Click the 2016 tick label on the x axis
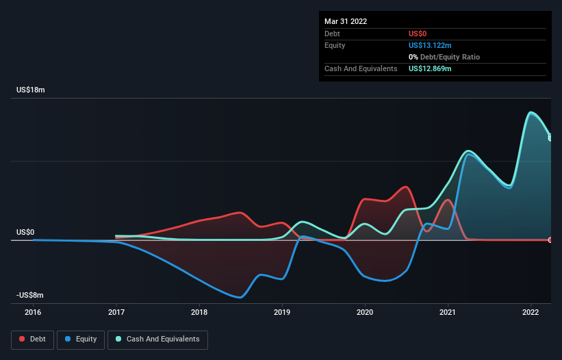pos(33,313)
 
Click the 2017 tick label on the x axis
pos(116,313)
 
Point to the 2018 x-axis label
pos(199,313)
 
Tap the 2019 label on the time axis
pos(282,313)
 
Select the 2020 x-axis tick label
pos(365,313)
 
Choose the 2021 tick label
pos(448,313)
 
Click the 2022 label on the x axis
pos(531,313)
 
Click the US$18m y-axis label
pos(31,90)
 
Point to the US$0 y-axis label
pos(25,232)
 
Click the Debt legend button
pos(32,339)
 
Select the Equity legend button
pos(81,339)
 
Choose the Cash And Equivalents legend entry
pos(157,339)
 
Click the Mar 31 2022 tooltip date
pos(346,21)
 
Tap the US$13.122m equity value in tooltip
pos(430,45)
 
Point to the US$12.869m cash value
pos(430,69)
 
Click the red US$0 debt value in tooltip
pos(418,34)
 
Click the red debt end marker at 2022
pos(550,240)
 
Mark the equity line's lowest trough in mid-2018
pos(240,298)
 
